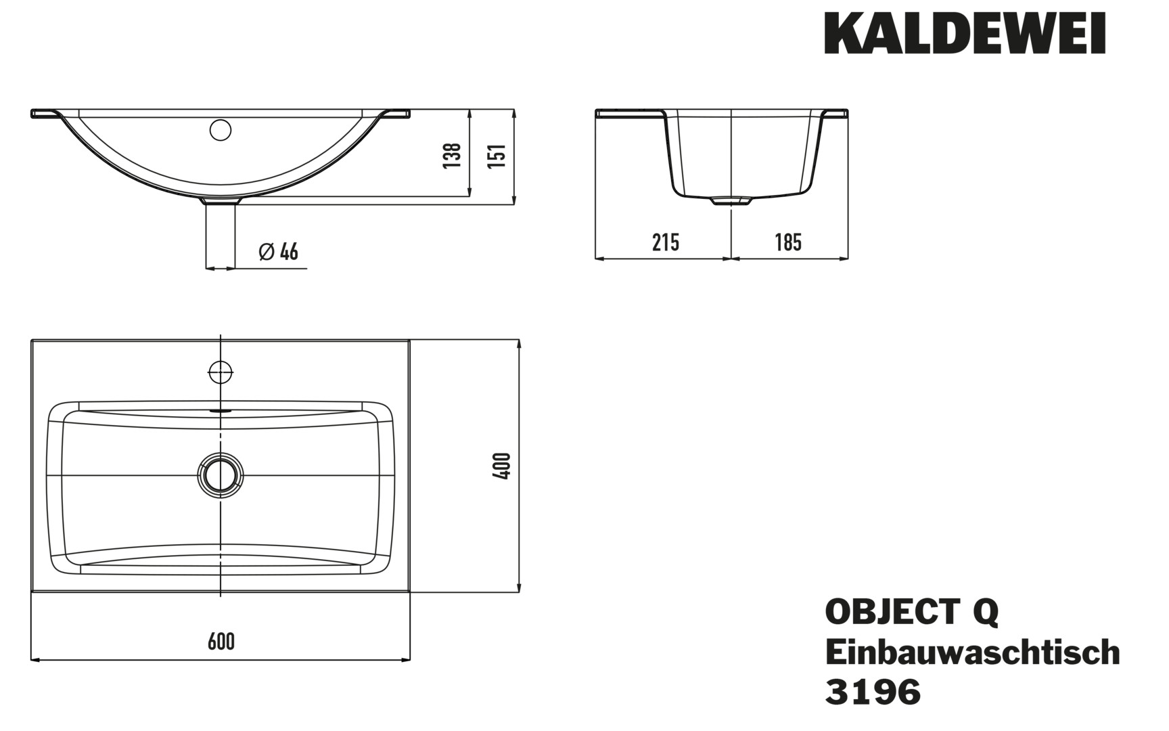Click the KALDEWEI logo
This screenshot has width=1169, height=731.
click(965, 32)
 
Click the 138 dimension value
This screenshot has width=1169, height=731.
click(453, 155)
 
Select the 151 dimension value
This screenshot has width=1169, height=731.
click(497, 156)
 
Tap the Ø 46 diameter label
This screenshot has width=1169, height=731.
click(279, 252)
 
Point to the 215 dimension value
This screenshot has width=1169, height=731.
click(666, 242)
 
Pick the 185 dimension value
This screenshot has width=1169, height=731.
click(788, 242)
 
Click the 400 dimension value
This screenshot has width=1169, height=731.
click(502, 466)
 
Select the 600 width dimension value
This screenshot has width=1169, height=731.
click(221, 641)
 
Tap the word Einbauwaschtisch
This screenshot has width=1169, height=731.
click(973, 652)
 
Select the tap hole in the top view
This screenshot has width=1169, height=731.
click(221, 372)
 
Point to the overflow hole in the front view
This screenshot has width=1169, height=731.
click(221, 130)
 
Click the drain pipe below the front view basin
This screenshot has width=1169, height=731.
click(221, 235)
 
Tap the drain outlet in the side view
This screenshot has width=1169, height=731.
click(731, 200)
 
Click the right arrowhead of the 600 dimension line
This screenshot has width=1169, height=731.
click(406, 659)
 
